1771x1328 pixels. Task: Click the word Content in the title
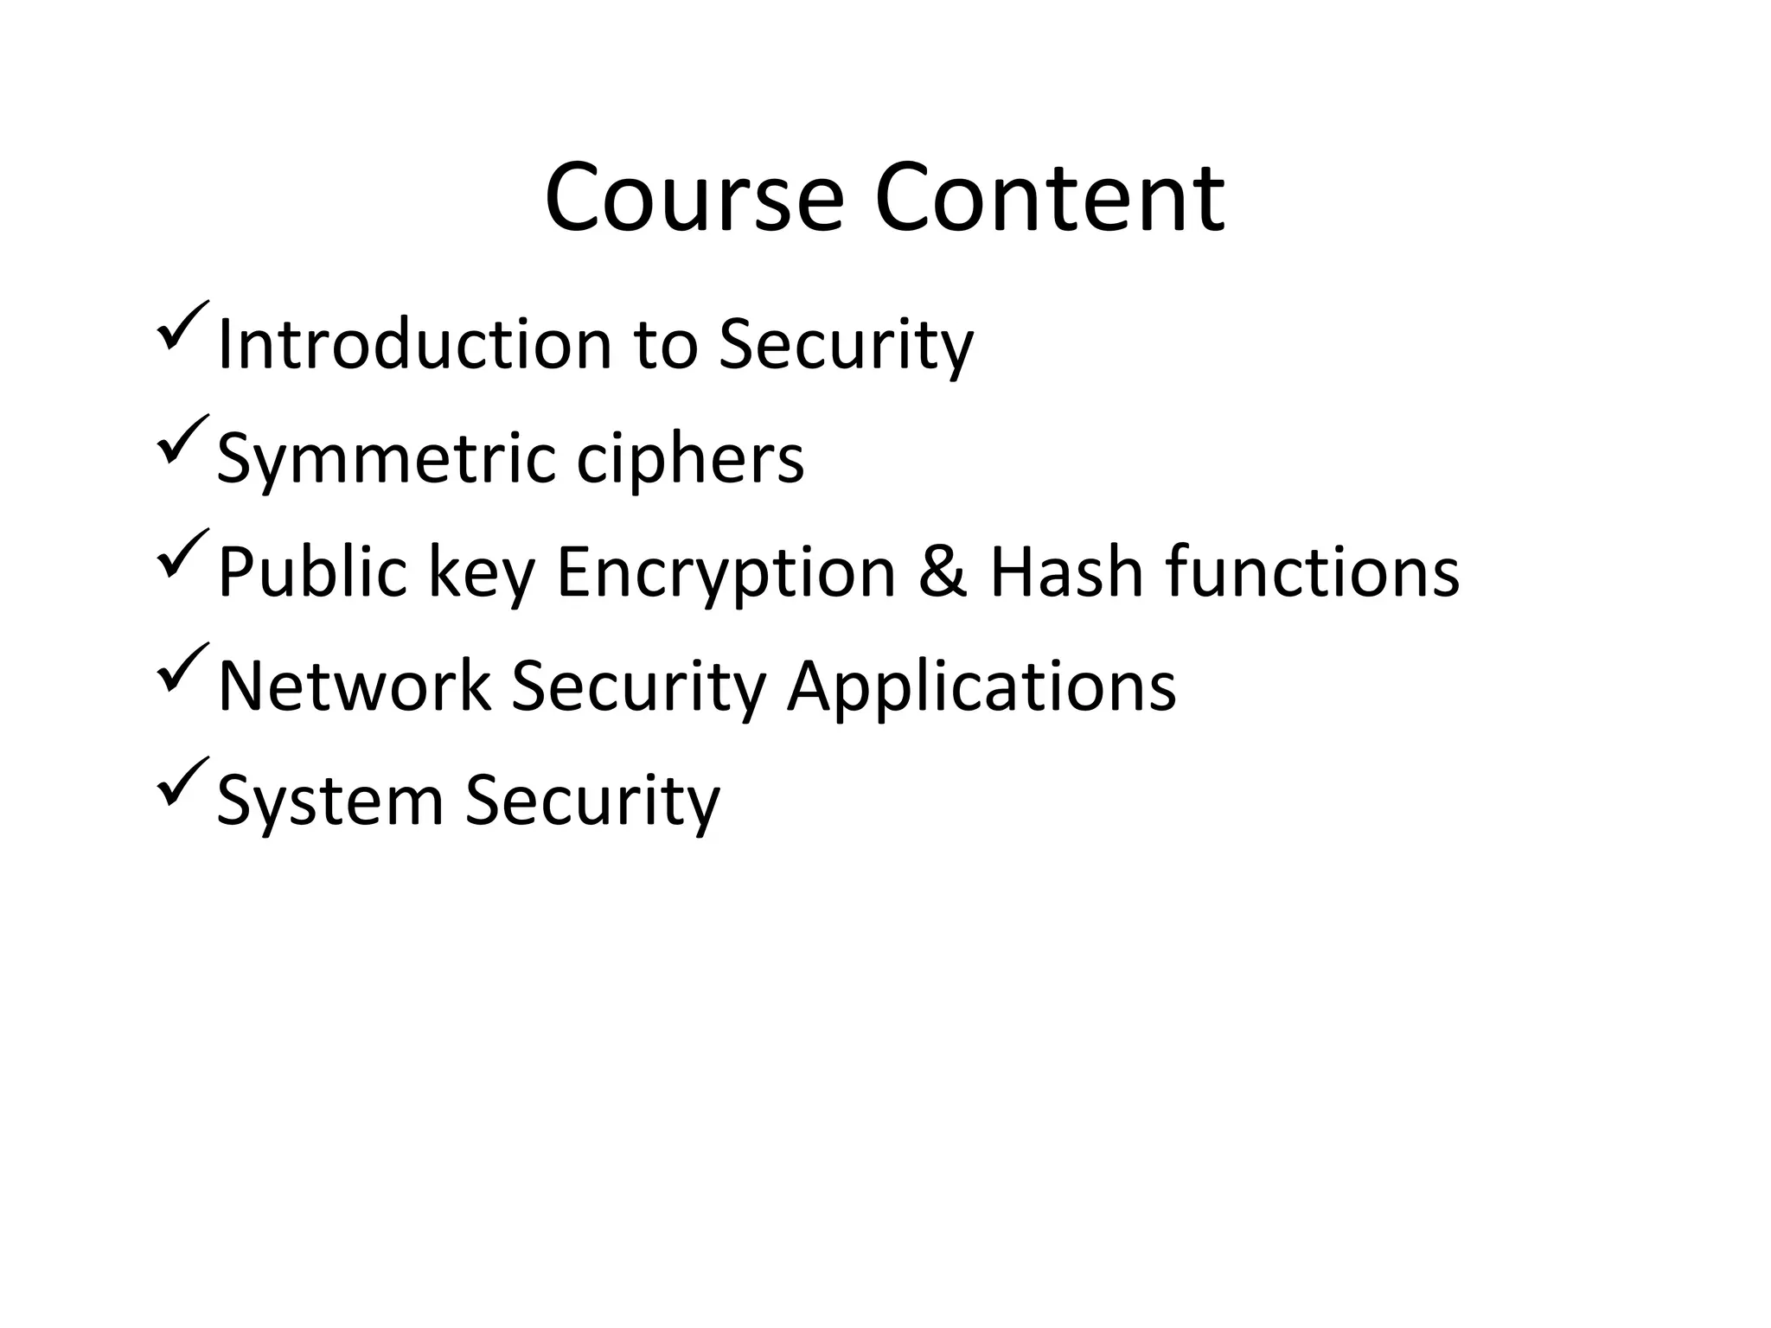[x=1050, y=199]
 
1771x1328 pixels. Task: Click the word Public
[x=312, y=572]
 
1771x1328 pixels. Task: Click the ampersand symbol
[x=943, y=572]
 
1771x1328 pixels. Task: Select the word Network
[x=355, y=686]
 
